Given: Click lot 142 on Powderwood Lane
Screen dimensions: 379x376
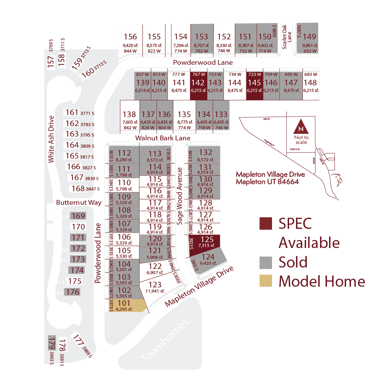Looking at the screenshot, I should (198, 85).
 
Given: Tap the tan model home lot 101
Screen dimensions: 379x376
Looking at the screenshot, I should (125, 305).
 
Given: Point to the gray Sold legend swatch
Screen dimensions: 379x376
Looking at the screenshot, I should (265, 262).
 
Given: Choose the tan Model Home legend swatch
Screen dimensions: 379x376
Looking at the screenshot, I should (265, 281).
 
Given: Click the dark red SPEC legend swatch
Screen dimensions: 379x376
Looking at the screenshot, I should (265, 224).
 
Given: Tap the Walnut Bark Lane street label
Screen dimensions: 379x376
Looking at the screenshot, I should (163, 138).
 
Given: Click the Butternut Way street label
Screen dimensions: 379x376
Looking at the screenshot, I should (79, 203).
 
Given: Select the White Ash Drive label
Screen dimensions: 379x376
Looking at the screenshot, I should (51, 139).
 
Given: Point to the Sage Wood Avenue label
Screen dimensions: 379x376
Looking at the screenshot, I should (180, 196).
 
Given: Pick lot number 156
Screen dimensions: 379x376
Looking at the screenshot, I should (130, 37).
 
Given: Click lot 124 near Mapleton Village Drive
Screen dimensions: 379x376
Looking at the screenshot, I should (208, 259).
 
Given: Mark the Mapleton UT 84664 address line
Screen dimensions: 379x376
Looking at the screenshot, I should (267, 182).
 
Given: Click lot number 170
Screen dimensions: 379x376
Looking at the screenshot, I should (78, 227).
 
